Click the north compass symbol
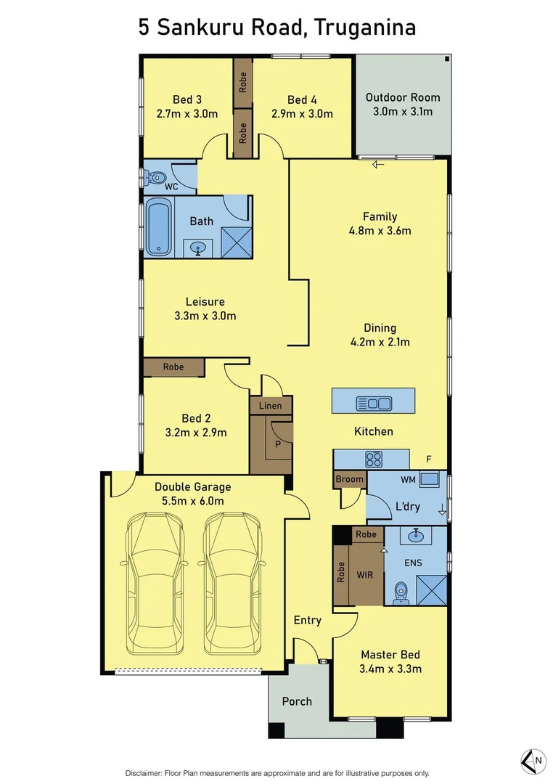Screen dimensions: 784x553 click(533, 760)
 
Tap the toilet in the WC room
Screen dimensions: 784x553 click(155, 176)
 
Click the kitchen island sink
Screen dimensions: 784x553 click(373, 403)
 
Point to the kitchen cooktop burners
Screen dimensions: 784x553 click(374, 459)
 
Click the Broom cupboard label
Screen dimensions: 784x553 click(349, 479)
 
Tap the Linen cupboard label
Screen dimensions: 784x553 click(271, 405)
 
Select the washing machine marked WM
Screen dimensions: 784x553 click(430, 479)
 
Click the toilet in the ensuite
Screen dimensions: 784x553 click(401, 594)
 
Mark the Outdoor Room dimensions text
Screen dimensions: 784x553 click(402, 112)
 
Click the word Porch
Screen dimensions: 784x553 click(297, 701)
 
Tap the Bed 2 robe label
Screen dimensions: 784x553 click(173, 367)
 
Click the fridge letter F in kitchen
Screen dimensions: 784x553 click(429, 460)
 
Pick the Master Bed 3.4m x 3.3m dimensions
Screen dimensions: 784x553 click(390, 669)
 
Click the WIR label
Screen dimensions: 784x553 click(366, 573)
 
